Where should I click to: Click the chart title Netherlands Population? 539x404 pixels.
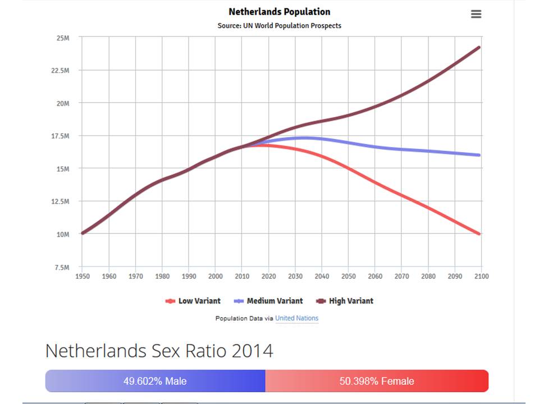coord(279,12)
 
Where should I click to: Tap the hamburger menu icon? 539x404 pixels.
coord(476,14)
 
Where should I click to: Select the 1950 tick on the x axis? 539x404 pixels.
coord(82,276)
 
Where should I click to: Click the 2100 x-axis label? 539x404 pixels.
coord(481,276)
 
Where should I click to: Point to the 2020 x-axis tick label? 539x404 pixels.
coord(268,276)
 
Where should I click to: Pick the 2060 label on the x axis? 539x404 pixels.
coord(374,276)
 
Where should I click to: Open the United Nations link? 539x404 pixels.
coord(296,318)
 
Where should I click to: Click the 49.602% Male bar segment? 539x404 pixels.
coord(155,381)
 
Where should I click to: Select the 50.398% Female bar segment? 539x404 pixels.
coord(377,381)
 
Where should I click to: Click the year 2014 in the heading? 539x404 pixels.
coord(252,351)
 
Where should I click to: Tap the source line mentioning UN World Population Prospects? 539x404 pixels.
coord(279,26)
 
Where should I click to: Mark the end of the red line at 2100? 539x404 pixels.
coord(479,233)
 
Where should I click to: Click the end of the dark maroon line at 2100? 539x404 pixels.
coord(479,47)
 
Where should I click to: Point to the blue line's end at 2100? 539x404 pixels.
coord(479,155)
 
